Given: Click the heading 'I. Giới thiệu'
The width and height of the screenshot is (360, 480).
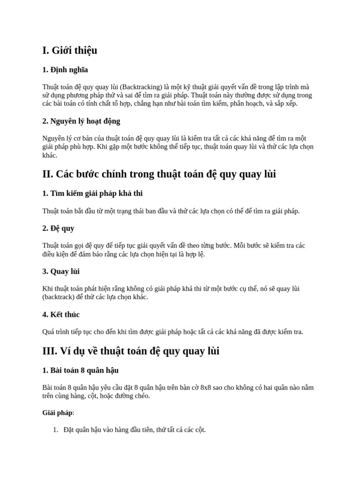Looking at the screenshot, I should (70, 51).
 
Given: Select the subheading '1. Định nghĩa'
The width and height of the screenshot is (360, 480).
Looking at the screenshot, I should (65, 70).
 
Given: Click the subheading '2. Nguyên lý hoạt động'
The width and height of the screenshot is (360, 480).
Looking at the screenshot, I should (81, 121).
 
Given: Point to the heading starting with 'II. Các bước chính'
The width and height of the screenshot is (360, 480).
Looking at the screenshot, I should (159, 174).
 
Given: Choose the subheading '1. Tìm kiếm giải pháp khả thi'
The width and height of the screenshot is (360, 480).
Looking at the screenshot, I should (92, 193).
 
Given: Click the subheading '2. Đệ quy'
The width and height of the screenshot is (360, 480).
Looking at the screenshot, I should (58, 228).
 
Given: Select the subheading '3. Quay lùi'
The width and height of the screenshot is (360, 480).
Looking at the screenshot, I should (61, 271).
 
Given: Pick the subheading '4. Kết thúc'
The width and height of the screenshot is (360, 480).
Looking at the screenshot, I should (61, 315).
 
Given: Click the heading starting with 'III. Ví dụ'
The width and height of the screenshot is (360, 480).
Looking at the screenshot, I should (131, 351).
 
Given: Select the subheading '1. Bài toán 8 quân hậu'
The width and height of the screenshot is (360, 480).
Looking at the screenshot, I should (80, 370).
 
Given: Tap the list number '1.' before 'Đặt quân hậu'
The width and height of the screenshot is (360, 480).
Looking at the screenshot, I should (55, 430).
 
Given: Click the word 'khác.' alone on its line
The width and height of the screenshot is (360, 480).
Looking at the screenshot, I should (50, 155).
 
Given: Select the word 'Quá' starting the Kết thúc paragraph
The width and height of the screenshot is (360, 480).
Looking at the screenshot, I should (48, 332).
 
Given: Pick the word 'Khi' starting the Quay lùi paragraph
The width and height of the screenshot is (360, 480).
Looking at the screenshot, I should (47, 289).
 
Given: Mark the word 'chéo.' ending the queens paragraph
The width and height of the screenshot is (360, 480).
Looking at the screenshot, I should (141, 396).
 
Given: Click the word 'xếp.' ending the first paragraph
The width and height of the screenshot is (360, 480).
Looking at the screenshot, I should (290, 104).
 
